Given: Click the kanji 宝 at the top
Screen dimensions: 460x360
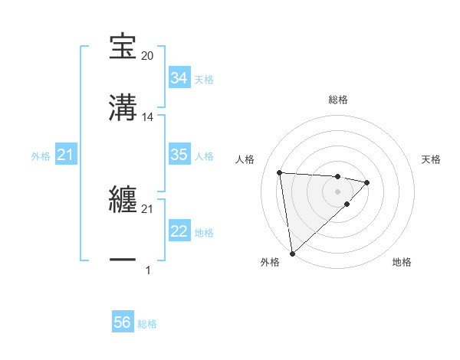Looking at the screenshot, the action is [123, 47].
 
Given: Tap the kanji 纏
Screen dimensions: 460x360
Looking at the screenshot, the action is [123, 201].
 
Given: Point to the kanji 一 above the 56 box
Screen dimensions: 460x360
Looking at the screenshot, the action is [123, 261].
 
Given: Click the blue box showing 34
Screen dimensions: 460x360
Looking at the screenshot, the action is [179, 78].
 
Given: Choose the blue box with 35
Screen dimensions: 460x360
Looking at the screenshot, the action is [179, 155].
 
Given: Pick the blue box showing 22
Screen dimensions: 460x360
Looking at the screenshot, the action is [179, 231].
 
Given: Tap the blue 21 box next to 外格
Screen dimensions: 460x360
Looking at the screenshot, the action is [65, 155].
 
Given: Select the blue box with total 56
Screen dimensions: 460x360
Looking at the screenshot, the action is [123, 323].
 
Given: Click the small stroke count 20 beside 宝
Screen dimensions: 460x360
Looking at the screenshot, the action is [148, 57].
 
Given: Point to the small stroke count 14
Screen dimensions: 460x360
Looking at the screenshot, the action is [148, 117].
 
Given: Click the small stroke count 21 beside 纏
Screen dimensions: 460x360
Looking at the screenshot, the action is [148, 209].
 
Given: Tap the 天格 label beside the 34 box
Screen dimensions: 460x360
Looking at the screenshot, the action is [204, 80].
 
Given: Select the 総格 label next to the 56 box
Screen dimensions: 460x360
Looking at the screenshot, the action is [147, 324].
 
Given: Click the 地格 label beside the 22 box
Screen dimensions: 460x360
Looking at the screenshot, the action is [204, 233].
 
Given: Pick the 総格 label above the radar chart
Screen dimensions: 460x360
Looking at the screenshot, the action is [337, 100].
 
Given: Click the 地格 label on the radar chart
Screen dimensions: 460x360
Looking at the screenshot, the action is [402, 263].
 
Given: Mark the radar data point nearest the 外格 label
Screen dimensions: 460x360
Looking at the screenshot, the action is [292, 253].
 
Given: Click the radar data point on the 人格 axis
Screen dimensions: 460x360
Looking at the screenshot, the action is [280, 172].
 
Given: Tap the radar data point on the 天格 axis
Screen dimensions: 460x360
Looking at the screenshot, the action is [367, 182].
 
